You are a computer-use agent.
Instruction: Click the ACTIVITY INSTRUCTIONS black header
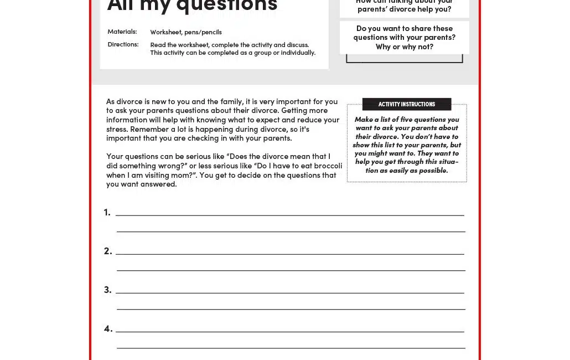click(x=407, y=104)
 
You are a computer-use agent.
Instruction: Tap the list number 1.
click(x=107, y=212)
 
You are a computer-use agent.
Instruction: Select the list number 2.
click(x=108, y=251)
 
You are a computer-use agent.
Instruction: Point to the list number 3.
click(x=108, y=290)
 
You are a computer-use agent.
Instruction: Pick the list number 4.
click(x=108, y=328)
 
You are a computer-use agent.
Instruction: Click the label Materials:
click(x=122, y=32)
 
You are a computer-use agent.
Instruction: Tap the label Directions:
click(x=123, y=44)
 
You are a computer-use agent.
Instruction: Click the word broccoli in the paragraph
click(x=328, y=166)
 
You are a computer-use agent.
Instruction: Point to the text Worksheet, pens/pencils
click(x=186, y=32)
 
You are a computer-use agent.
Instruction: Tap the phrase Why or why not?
click(x=405, y=47)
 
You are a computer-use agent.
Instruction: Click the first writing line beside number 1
click(x=289, y=215)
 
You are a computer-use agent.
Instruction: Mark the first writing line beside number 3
click(x=289, y=292)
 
